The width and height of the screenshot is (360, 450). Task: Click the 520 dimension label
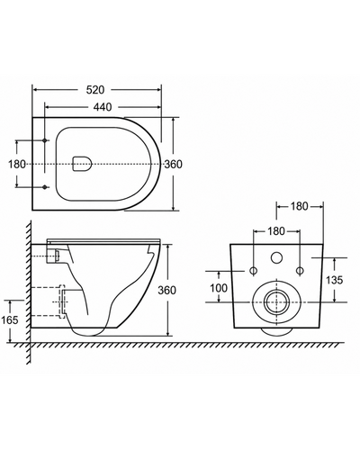[x=95, y=90]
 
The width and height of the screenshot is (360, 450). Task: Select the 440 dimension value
[x=103, y=107]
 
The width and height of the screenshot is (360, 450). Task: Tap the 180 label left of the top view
[x=17, y=165]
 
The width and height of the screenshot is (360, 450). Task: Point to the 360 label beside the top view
[x=173, y=165]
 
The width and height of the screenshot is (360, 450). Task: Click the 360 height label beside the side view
[x=167, y=290]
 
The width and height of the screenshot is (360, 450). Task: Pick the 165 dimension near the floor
[x=10, y=320]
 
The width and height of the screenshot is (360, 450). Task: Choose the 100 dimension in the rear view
[x=219, y=288]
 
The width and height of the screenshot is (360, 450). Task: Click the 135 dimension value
[x=334, y=280]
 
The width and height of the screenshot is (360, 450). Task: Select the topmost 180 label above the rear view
[x=299, y=206]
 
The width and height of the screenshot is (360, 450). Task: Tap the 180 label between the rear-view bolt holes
[x=275, y=231]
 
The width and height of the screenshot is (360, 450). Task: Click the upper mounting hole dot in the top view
[x=45, y=140]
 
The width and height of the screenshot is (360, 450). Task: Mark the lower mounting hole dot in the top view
[x=45, y=187]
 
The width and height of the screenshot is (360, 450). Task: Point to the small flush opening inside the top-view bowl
[x=82, y=164]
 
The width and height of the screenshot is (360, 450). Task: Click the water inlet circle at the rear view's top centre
[x=276, y=258]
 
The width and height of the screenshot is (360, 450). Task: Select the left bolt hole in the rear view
[x=254, y=271]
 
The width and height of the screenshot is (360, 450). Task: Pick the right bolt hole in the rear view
[x=300, y=271]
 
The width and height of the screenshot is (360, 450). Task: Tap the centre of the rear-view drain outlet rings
[x=276, y=302]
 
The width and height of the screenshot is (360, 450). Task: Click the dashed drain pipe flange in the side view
[x=62, y=301]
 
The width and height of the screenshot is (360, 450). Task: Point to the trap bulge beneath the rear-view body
[x=276, y=331]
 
